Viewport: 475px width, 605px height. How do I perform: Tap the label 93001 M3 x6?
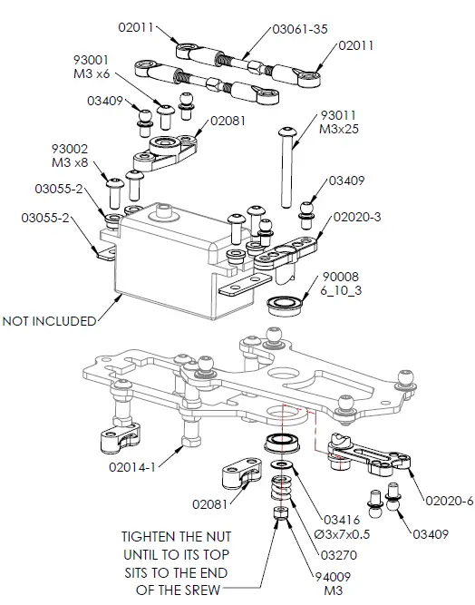click(x=92, y=66)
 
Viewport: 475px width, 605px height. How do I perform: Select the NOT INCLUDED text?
click(x=49, y=320)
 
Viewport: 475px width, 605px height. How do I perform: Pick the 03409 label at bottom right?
click(x=431, y=534)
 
